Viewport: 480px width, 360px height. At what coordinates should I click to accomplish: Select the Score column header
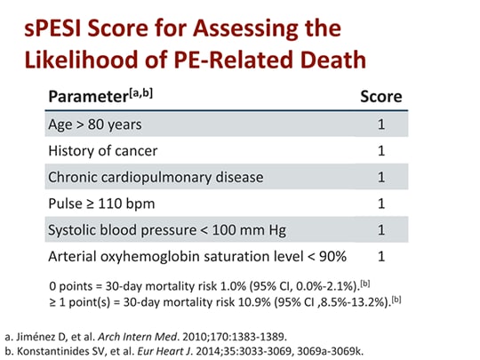click(380, 96)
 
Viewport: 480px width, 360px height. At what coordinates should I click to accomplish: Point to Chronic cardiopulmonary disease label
click(156, 177)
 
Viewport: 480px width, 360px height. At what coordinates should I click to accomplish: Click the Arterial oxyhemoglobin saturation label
click(196, 256)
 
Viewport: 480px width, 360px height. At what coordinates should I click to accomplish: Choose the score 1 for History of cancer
click(381, 150)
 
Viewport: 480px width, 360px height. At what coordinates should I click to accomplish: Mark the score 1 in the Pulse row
click(381, 203)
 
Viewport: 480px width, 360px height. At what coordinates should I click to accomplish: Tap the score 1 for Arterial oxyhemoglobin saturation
click(381, 256)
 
